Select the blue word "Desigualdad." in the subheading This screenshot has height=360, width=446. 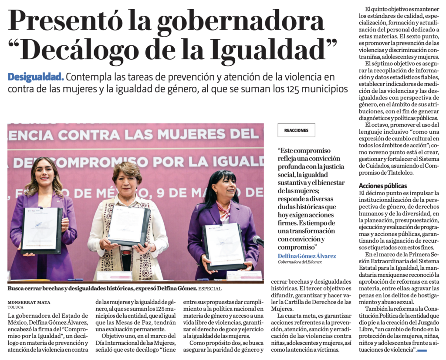pos(36,77)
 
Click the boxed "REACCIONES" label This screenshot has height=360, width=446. pos(296,130)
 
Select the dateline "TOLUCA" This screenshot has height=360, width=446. pos(16,307)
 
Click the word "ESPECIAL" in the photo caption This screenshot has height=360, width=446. pos(211,289)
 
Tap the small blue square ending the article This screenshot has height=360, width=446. pos(422,350)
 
